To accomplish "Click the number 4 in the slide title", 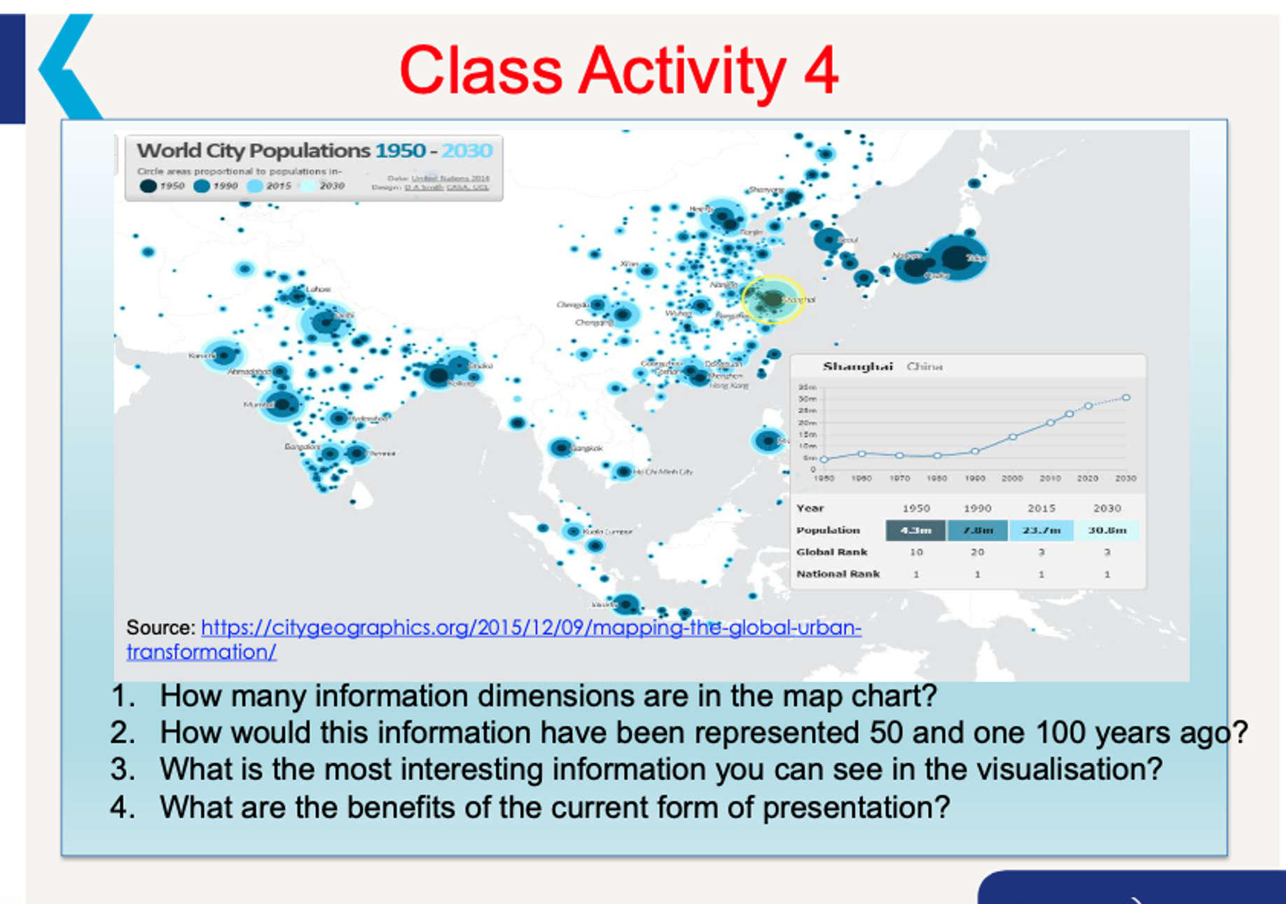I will [820, 71].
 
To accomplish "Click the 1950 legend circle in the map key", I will [148, 186].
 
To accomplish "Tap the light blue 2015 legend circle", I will [255, 186].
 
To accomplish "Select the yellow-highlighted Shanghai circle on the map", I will [772, 299].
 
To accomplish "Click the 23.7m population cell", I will [1041, 530].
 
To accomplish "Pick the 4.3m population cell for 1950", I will [915, 530].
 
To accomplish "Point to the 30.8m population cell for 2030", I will [1107, 530].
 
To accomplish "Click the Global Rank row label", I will [831, 552].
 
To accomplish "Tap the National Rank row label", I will [838, 574].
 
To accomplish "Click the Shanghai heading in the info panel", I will [857, 367].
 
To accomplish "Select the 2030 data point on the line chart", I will [1126, 397].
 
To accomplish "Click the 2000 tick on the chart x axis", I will [1011, 478].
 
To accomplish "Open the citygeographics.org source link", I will [530, 627].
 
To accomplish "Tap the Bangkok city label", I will [587, 448].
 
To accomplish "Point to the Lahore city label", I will [318, 289].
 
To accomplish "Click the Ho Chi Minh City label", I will [663, 472].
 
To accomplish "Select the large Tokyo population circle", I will [957, 257].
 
